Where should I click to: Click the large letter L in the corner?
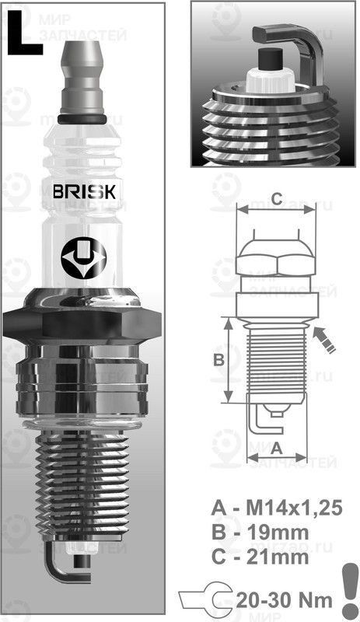[x=24, y=34]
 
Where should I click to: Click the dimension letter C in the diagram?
[x=276, y=196]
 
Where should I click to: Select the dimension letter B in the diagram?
[x=219, y=359]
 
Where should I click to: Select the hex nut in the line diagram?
[x=276, y=257]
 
